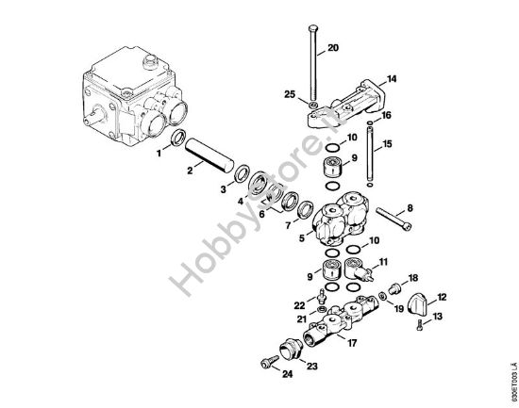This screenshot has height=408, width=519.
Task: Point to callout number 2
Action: tap(191, 170)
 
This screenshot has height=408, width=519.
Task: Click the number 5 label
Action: tap(301, 238)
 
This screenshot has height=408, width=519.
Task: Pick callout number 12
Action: tap(442, 296)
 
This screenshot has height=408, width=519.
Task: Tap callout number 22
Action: tap(298, 304)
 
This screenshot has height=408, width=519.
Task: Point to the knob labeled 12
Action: tap(421, 307)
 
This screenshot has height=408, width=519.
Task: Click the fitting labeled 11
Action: tap(359, 272)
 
